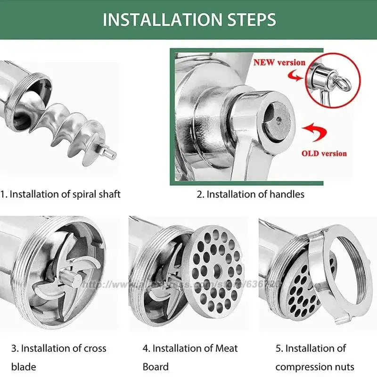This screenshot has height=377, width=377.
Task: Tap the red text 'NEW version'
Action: tap(279, 62)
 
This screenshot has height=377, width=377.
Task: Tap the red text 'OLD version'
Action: tap(324, 153)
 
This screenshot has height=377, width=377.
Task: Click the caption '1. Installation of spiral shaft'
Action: tap(60, 194)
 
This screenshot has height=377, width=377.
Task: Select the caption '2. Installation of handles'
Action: tap(250, 194)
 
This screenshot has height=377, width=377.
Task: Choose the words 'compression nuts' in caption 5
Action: tap(315, 367)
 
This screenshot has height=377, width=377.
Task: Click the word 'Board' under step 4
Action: tap(156, 367)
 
